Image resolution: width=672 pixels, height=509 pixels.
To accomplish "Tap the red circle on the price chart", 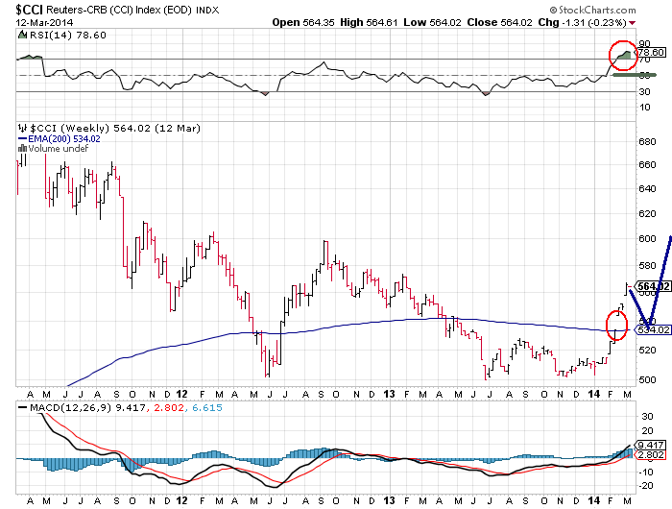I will (x=614, y=327).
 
